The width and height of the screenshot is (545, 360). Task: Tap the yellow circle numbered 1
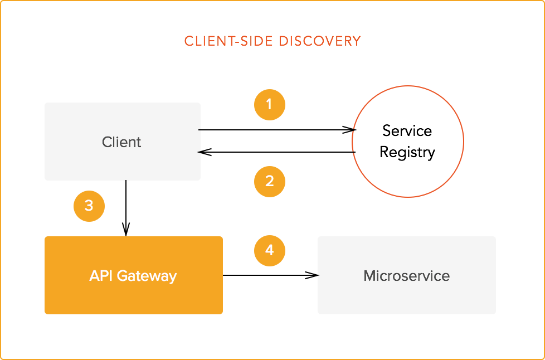(270, 104)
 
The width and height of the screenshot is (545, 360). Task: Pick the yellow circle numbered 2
(270, 181)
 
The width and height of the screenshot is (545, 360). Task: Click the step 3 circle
(89, 206)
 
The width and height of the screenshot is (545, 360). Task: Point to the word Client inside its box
(121, 142)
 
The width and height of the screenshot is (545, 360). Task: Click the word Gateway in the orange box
(147, 276)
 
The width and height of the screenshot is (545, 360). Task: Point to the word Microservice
(407, 276)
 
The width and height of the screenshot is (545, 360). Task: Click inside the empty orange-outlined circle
(408, 141)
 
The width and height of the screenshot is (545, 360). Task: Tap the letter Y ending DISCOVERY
(357, 41)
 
